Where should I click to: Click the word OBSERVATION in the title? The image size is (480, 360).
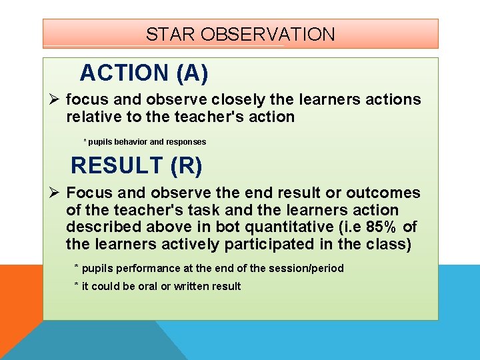pyautogui.click(x=267, y=35)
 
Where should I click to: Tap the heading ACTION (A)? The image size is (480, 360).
pyautogui.click(x=144, y=73)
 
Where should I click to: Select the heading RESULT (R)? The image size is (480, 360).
pyautogui.click(x=137, y=165)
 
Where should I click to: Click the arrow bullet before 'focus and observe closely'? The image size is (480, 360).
pyautogui.click(x=55, y=100)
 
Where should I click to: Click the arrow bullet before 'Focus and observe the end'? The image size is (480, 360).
pyautogui.click(x=55, y=193)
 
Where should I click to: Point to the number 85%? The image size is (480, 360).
pyautogui.click(x=379, y=227)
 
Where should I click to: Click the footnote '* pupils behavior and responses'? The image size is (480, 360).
pyautogui.click(x=145, y=142)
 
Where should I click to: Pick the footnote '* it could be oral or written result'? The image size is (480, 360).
pyautogui.click(x=157, y=286)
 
